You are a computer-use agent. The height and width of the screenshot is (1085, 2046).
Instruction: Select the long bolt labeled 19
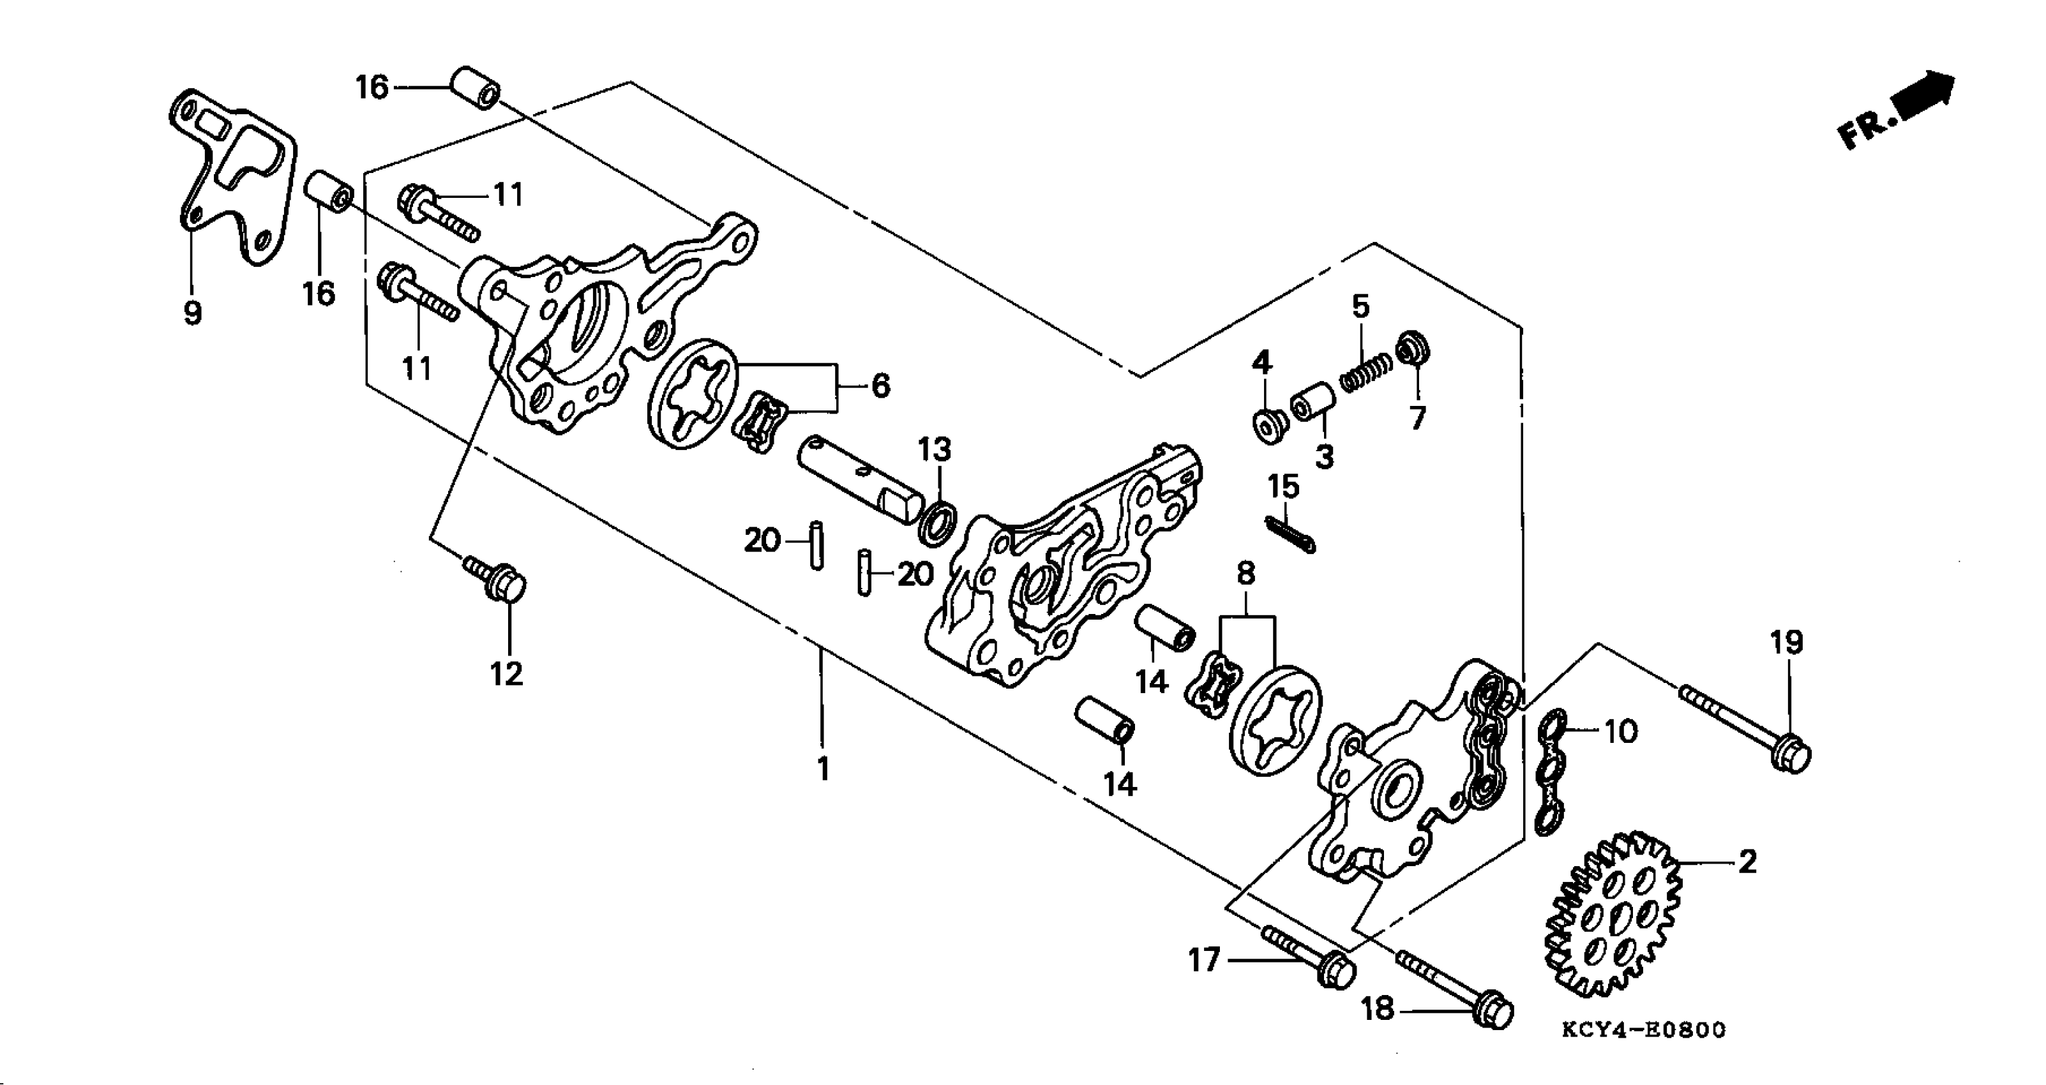pyautogui.click(x=1747, y=723)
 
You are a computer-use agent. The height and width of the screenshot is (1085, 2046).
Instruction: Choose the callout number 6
pyautogui.click(x=880, y=386)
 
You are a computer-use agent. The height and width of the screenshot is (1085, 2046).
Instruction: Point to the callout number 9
pyautogui.click(x=192, y=313)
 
